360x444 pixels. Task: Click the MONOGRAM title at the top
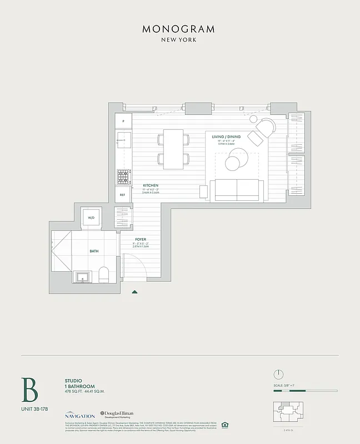click(x=179, y=29)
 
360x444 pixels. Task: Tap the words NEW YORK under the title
click(x=179, y=40)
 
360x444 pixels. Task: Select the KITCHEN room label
click(x=151, y=185)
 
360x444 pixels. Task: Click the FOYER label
click(x=141, y=239)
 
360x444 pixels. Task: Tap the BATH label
click(x=94, y=251)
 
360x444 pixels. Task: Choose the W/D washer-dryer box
click(x=91, y=218)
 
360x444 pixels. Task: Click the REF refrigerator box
click(x=123, y=194)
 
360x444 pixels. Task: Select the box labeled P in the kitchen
click(x=123, y=120)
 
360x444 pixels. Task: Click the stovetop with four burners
click(x=123, y=176)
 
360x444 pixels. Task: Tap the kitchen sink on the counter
click(x=123, y=138)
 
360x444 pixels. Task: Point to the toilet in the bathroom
click(x=104, y=274)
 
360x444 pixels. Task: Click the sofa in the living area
click(x=237, y=190)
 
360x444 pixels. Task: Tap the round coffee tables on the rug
click(x=234, y=162)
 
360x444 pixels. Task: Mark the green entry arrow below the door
click(x=134, y=291)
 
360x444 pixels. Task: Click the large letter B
click(x=30, y=390)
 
